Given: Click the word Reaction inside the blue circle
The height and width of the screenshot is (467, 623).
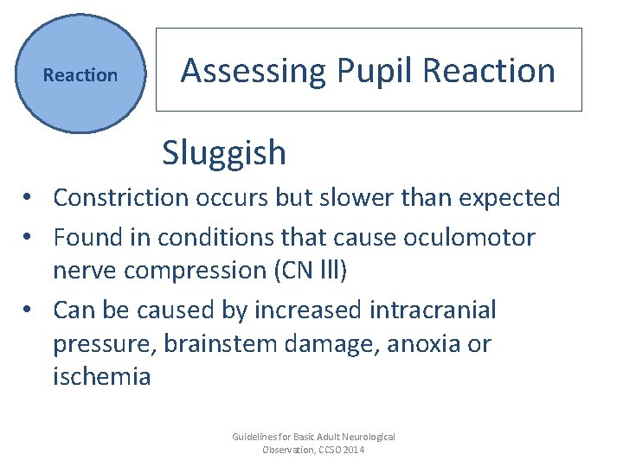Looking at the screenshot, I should [x=80, y=75].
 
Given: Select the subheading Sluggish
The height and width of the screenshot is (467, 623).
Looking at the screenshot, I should [x=223, y=153].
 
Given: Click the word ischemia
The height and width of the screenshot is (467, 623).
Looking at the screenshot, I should [x=102, y=377].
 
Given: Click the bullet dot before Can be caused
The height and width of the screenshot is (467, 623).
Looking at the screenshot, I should [x=29, y=310].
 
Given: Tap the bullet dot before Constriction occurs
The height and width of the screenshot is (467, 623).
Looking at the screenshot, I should [x=29, y=198].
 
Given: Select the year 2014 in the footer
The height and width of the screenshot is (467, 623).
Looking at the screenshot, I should [x=353, y=450].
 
